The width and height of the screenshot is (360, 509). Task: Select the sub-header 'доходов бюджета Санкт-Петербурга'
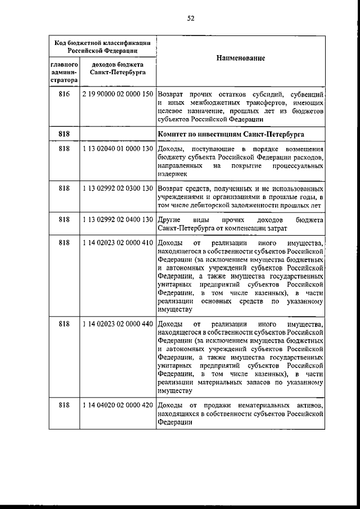[x=118, y=69]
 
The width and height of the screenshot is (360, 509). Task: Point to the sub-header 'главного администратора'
[x=64, y=73]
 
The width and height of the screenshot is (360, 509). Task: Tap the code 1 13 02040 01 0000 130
[x=118, y=149]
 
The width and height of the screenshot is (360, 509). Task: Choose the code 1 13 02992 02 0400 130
[x=118, y=219]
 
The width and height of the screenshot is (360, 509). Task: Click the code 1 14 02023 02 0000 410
[x=118, y=242]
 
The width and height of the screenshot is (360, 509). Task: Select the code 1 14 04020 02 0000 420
[x=118, y=405]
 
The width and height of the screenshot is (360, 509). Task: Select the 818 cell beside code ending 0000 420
[x=64, y=405]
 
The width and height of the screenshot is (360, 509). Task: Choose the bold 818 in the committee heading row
[x=64, y=136]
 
